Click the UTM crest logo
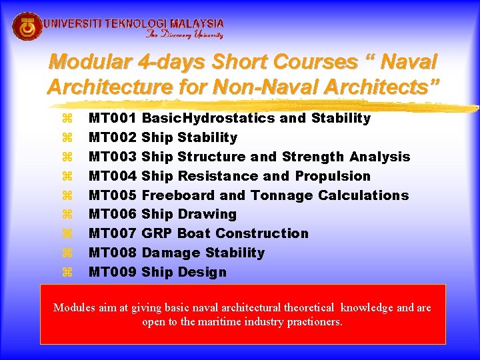click(x=27, y=27)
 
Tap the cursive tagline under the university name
click(x=185, y=35)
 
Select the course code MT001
click(x=113, y=118)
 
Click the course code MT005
click(x=113, y=195)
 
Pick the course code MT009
click(x=113, y=272)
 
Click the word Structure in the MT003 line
click(x=212, y=157)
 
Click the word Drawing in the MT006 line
click(x=207, y=214)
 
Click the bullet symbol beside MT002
click(x=66, y=137)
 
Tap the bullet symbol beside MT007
click(x=66, y=233)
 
